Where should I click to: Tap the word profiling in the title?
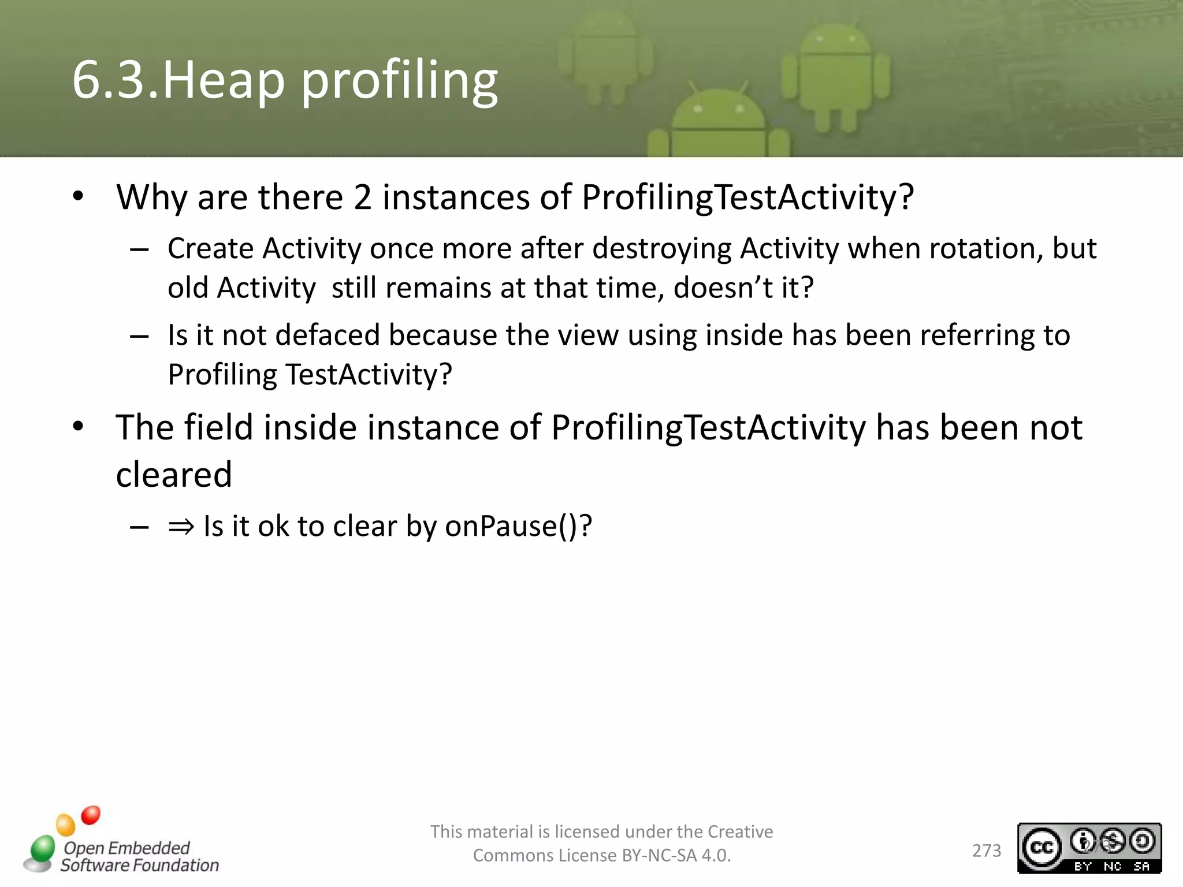399,81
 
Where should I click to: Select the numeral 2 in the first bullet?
362,197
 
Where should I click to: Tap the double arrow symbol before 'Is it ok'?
181,526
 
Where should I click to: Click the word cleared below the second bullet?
174,475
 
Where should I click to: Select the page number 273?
986,851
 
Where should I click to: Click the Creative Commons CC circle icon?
1041,847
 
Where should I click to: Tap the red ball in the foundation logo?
91,815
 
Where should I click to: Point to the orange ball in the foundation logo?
65,825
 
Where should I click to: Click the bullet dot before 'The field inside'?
79,427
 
